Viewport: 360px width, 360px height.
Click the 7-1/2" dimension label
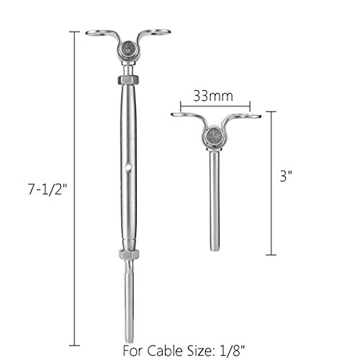tap(48, 189)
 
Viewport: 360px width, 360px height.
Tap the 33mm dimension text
tap(213, 96)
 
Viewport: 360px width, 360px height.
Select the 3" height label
tap(287, 176)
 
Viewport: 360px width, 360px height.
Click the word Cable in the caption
tap(165, 351)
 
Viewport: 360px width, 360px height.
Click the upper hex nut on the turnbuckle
tap(129, 80)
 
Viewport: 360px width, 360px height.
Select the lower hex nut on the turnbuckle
tap(129, 254)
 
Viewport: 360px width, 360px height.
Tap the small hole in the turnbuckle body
tap(129, 166)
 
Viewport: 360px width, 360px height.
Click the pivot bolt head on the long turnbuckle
tap(129, 50)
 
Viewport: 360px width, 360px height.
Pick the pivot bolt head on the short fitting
tap(214, 135)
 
